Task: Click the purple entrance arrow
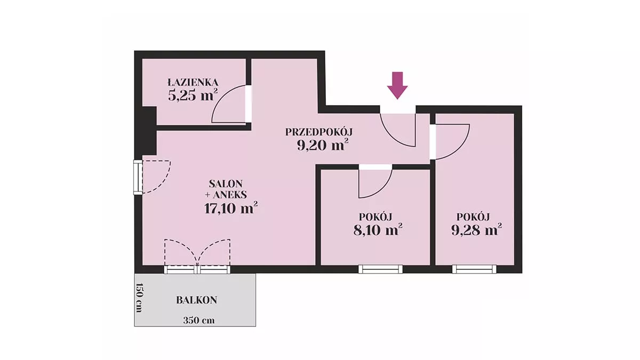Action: tap(397, 85)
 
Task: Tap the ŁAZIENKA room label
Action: tap(193, 83)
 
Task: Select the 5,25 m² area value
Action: tap(193, 95)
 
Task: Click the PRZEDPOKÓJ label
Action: tap(319, 132)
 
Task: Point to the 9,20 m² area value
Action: tap(323, 146)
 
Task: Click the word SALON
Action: tap(226, 183)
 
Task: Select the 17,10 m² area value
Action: tap(231, 209)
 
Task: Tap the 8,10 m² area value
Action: tap(378, 230)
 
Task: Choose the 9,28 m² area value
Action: tap(476, 229)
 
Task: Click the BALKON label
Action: tap(197, 300)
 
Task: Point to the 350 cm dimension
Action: tap(199, 321)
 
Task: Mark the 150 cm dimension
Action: tap(139, 298)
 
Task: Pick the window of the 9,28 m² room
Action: tap(474, 269)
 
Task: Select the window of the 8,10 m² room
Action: tap(381, 269)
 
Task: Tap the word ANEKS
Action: tap(229, 195)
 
